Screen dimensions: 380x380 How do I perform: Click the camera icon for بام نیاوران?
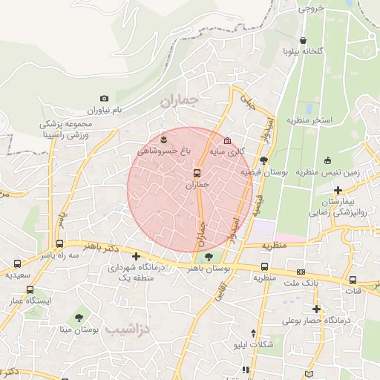point(104,99)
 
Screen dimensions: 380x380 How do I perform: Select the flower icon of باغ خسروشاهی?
point(164,138)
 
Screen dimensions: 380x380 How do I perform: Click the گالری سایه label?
point(227,151)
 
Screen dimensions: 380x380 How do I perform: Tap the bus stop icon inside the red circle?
point(196,173)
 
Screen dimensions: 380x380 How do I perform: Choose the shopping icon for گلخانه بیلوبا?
point(303,41)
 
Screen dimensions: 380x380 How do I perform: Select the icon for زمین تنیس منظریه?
point(327,160)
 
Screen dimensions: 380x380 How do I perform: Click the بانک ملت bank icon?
point(300,272)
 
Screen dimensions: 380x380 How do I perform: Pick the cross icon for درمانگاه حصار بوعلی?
point(316,309)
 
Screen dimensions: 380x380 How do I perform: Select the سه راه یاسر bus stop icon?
point(59,243)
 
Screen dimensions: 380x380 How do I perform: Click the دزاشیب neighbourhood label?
point(128,328)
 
